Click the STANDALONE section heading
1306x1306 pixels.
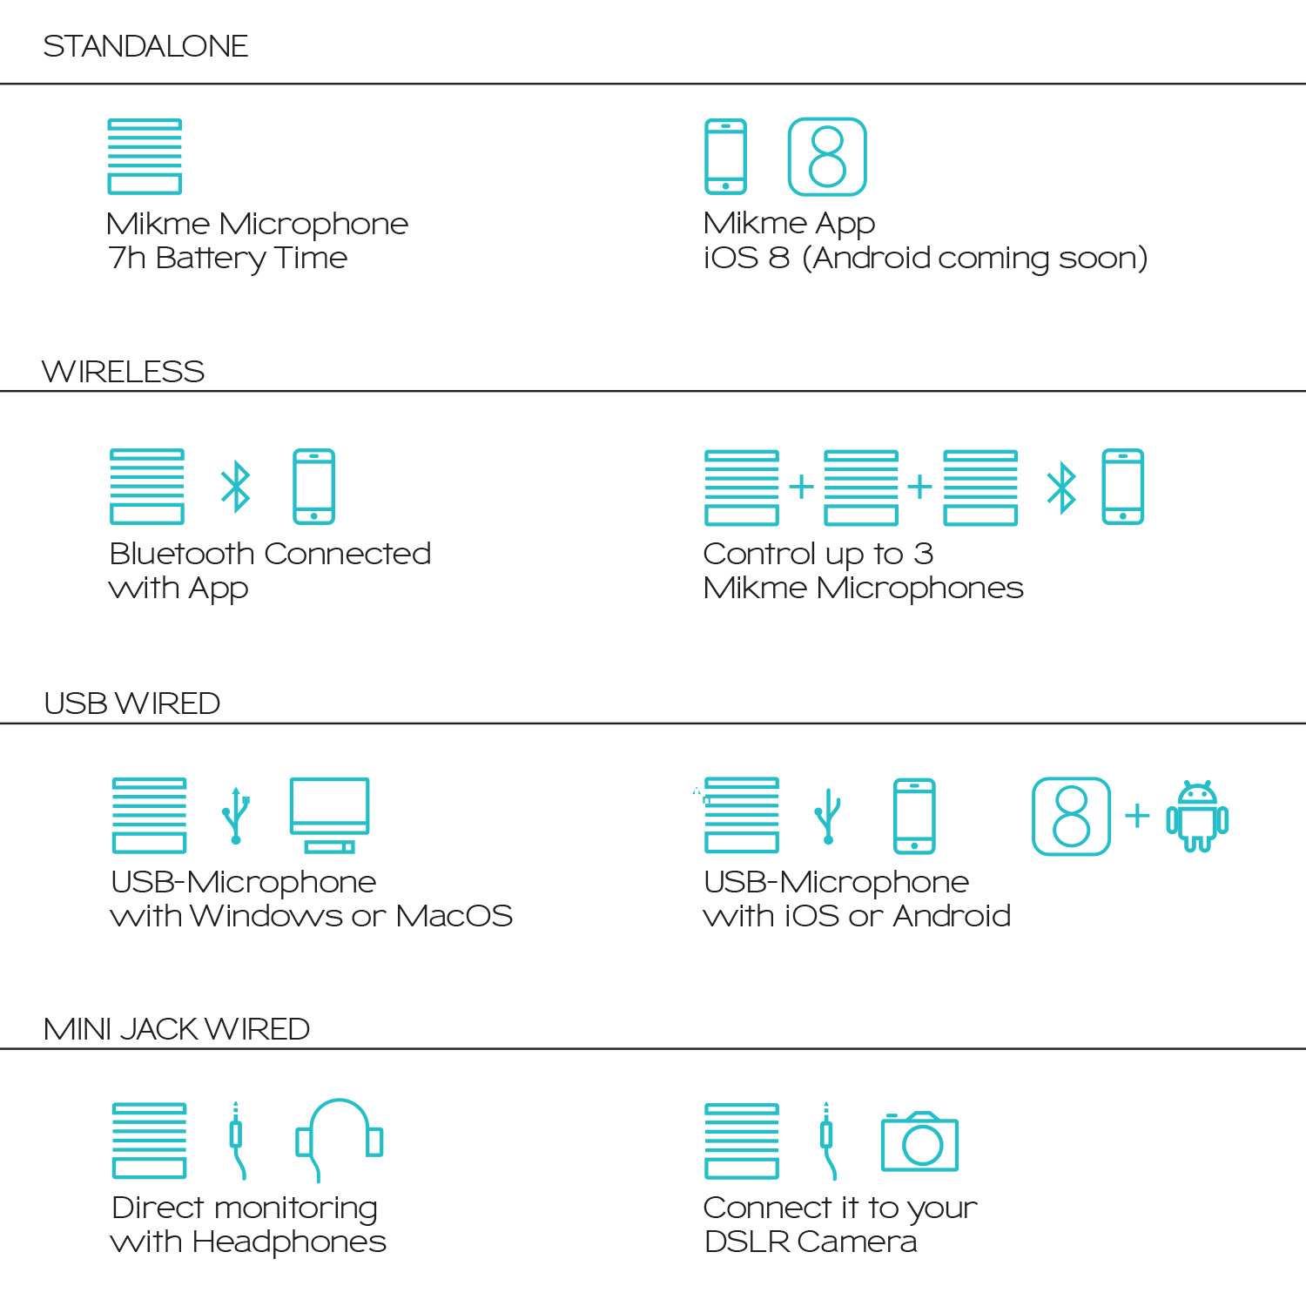[x=145, y=46]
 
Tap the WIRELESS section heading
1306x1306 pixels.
[x=123, y=372]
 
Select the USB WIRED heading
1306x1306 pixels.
[x=131, y=703]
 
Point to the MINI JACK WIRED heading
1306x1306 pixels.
[x=177, y=1029]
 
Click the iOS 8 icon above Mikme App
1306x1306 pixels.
[x=827, y=157]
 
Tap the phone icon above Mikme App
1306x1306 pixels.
[x=726, y=157]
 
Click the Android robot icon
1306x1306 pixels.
[x=1197, y=816]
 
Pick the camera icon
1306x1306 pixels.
[x=920, y=1141]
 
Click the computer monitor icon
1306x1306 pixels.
[x=329, y=815]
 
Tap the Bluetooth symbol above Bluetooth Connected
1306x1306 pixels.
[x=235, y=487]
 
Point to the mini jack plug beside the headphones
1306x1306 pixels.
[x=236, y=1140]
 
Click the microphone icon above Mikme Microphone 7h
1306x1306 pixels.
[x=145, y=157]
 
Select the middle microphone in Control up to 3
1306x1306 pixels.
[x=861, y=488]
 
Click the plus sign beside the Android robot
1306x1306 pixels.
[x=1137, y=816]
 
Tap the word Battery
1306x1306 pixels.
[x=211, y=259]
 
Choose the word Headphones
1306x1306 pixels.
[x=289, y=1242]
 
